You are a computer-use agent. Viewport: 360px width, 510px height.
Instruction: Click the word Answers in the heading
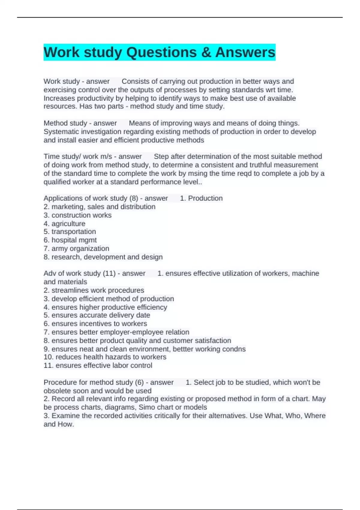tap(245, 52)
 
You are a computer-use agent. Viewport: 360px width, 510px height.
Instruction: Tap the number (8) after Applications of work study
tap(133, 198)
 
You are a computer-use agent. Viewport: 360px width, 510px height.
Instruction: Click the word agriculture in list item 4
tap(68, 223)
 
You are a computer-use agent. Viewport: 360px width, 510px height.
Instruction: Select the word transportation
tap(74, 232)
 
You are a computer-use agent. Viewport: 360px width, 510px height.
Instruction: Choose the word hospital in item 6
tap(64, 240)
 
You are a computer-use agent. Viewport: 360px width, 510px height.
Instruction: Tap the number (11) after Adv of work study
tap(109, 273)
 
